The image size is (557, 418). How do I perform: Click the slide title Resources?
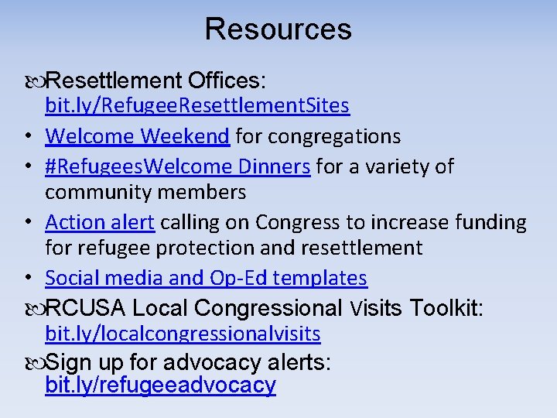click(x=278, y=29)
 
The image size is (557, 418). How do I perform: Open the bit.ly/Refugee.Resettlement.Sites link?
click(x=197, y=105)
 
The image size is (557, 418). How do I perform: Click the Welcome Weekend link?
click(x=137, y=137)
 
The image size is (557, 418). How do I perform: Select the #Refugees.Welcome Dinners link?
click(x=178, y=166)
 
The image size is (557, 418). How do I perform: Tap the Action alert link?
click(x=100, y=223)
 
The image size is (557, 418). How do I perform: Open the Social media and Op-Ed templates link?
click(x=206, y=278)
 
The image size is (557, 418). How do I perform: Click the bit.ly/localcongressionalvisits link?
click(x=183, y=334)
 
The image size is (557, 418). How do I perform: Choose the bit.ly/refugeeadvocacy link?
click(x=160, y=385)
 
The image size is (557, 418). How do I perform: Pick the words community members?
click(x=145, y=192)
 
